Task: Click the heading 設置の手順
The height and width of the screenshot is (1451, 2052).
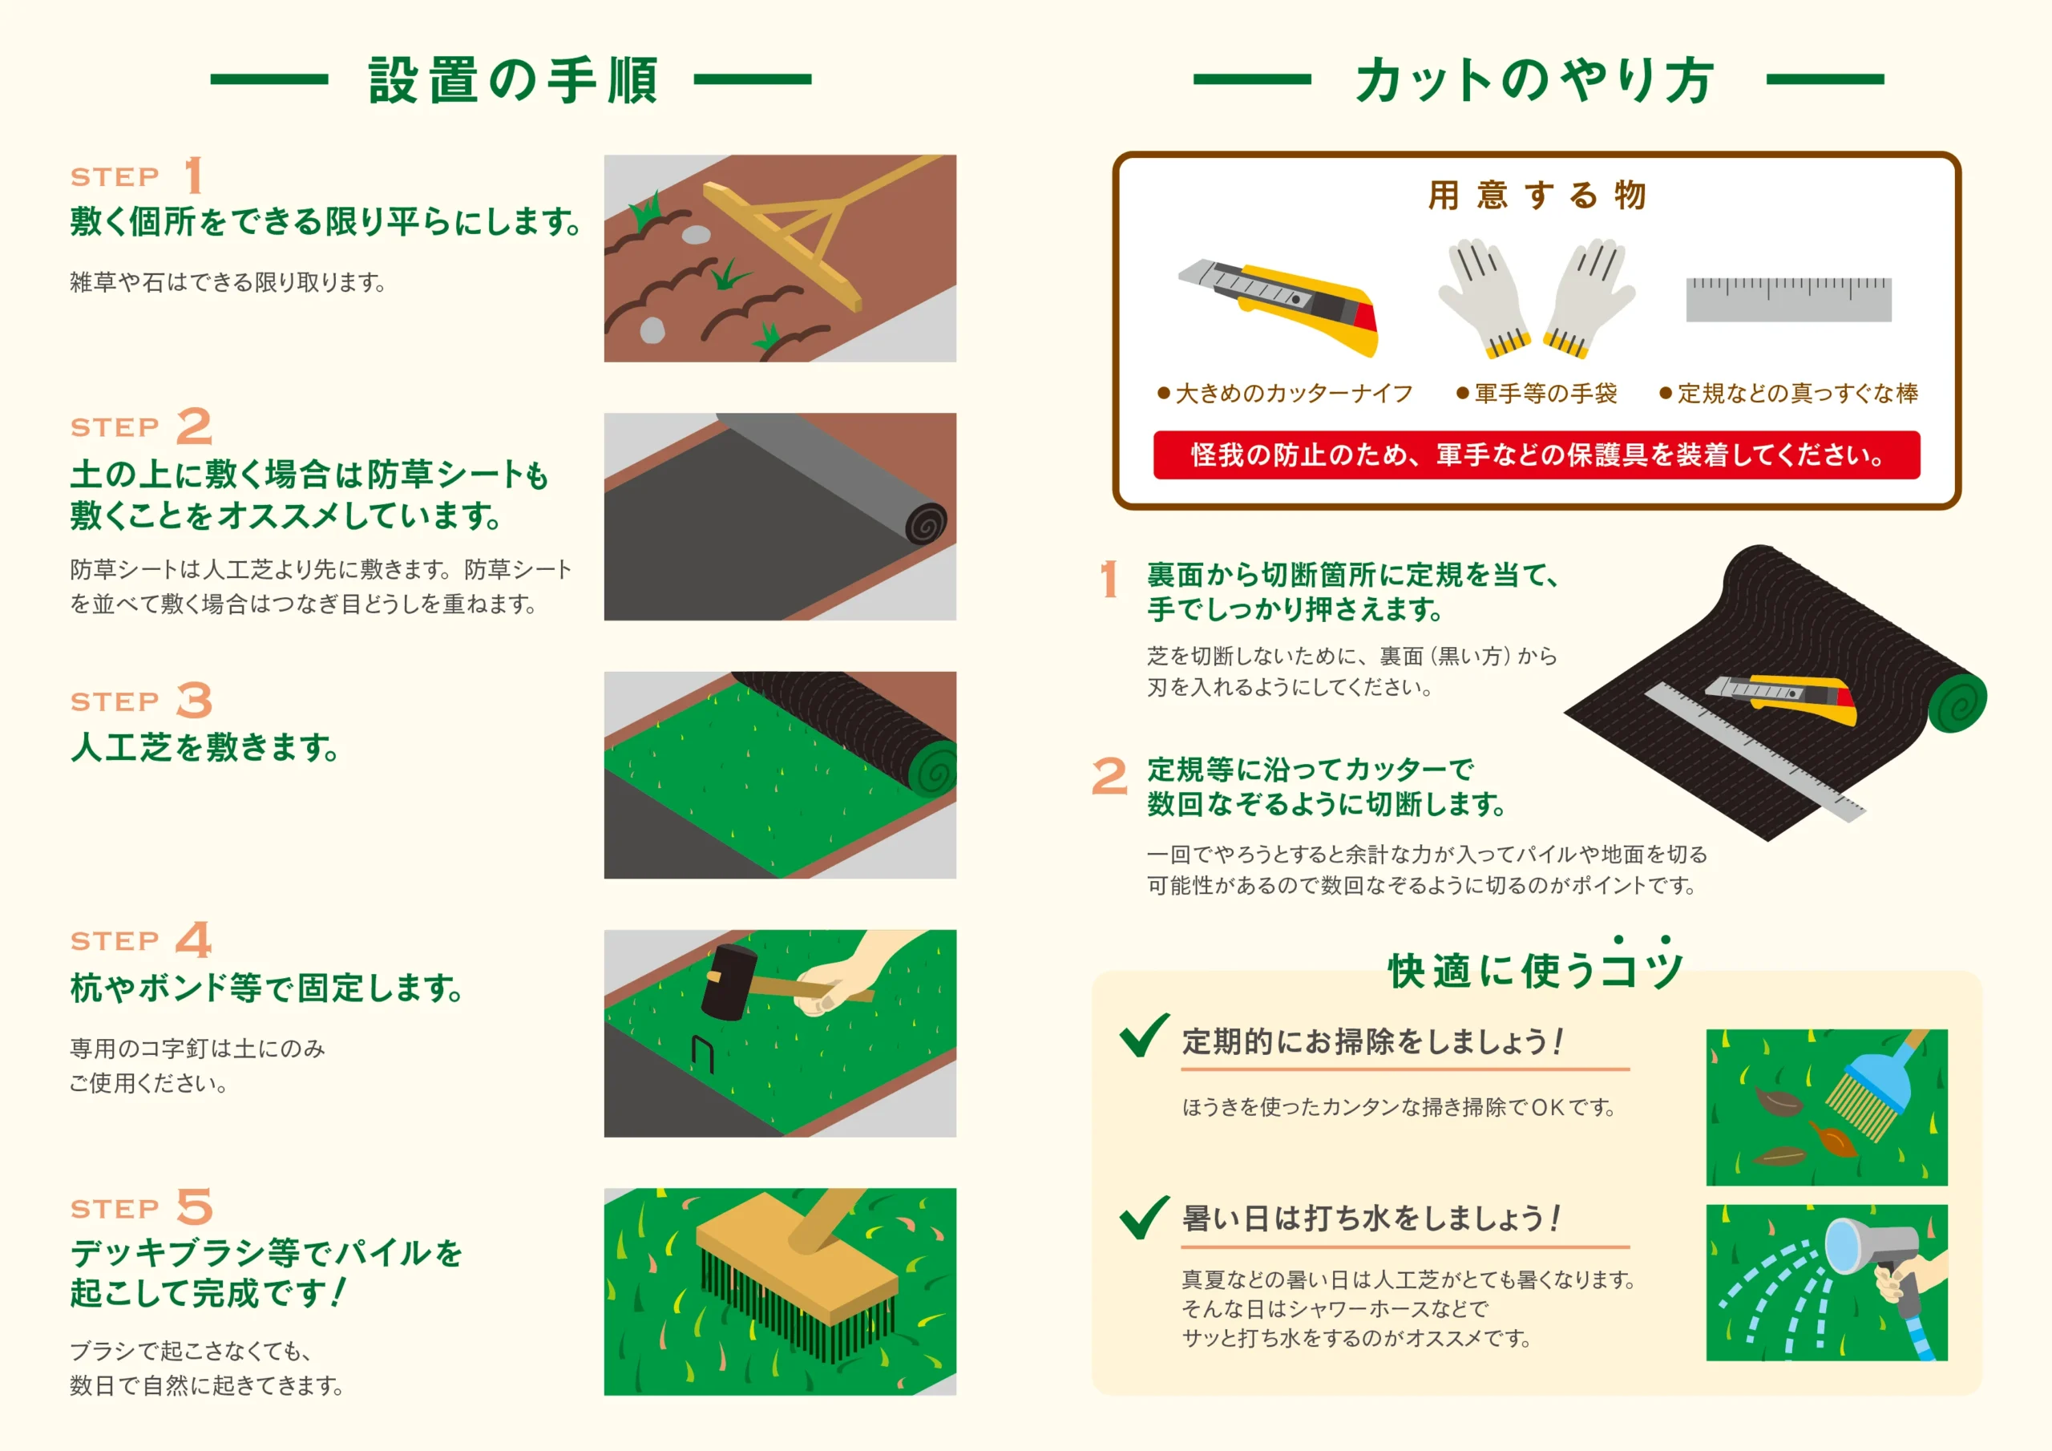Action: coord(514,80)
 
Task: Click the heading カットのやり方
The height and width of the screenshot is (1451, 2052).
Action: coord(1534,80)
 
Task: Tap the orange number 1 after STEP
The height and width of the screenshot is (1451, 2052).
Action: coord(194,176)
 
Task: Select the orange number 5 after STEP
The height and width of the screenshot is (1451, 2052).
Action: coord(195,1207)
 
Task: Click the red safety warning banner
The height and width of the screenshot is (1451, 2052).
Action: coord(1537,455)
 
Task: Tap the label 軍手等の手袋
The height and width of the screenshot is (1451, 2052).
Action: coord(1545,394)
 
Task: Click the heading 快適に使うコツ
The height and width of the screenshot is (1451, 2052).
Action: coord(1536,965)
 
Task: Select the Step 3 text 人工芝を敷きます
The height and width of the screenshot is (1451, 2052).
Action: coord(204,747)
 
